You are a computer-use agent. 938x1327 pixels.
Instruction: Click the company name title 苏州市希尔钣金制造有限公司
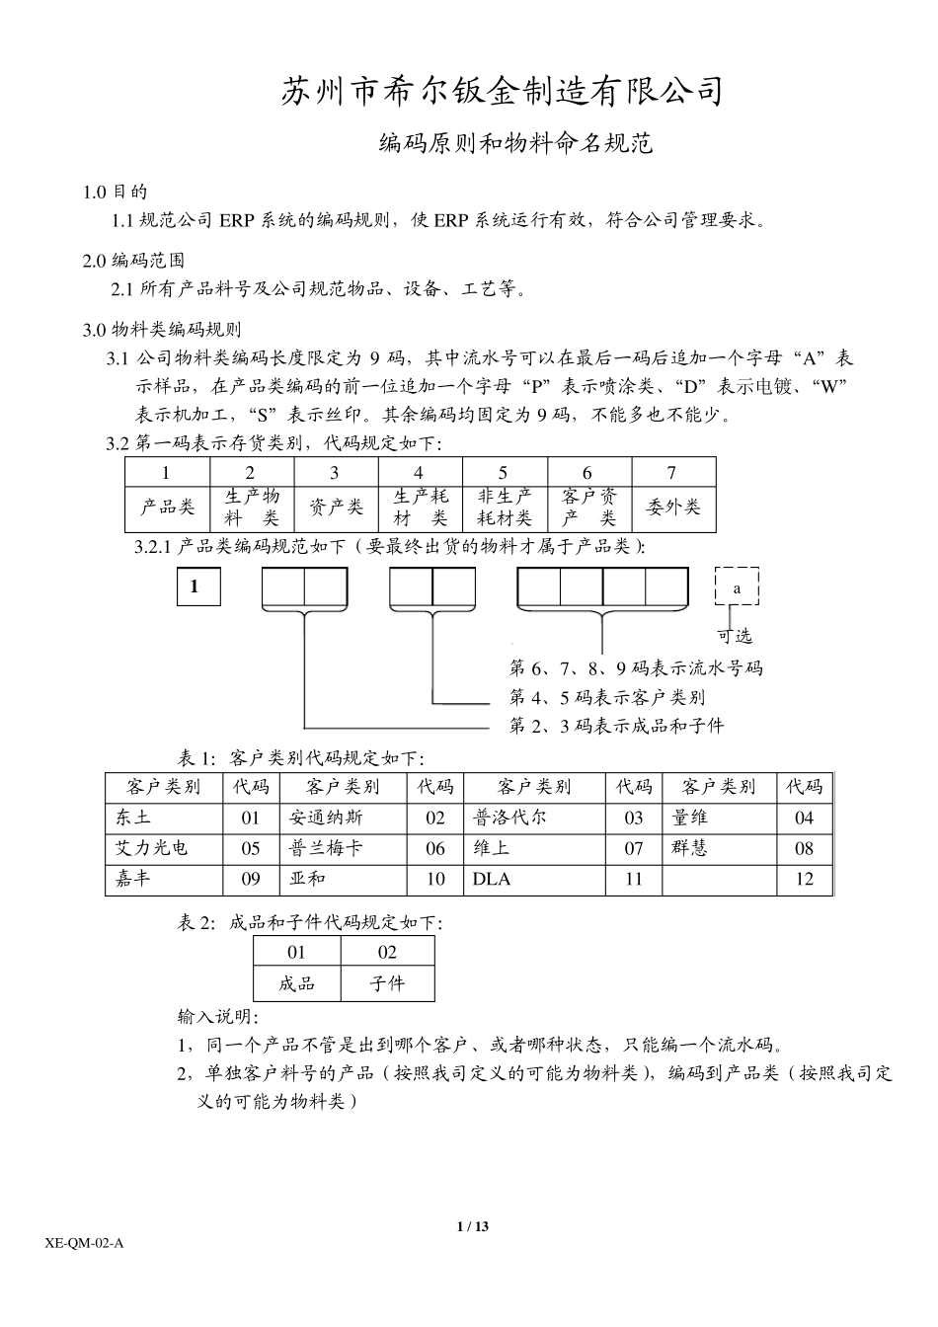[503, 91]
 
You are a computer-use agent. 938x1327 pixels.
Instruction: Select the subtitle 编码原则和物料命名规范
[516, 144]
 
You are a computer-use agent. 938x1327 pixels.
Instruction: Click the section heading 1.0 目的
[116, 192]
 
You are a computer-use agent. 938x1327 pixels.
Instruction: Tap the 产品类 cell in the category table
[168, 508]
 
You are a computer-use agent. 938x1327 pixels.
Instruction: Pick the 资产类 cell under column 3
[336, 508]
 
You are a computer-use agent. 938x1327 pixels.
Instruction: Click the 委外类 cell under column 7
[673, 508]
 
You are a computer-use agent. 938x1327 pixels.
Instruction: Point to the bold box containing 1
[195, 587]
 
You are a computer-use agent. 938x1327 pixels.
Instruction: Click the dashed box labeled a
[737, 587]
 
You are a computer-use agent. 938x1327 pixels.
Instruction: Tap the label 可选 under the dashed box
[735, 636]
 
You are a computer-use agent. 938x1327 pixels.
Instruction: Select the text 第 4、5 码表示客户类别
[607, 698]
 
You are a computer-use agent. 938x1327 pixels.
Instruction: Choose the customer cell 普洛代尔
[510, 818]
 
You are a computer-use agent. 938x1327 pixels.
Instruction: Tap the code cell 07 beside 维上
[634, 848]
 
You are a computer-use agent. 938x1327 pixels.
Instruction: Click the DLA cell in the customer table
[492, 879]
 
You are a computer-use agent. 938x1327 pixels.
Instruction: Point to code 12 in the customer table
[805, 879]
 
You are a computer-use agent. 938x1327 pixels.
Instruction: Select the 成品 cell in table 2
[297, 983]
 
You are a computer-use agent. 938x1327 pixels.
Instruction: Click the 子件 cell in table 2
[387, 983]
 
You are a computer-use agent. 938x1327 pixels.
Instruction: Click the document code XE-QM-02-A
[85, 1243]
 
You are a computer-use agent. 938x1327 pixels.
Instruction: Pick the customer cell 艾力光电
[152, 848]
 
